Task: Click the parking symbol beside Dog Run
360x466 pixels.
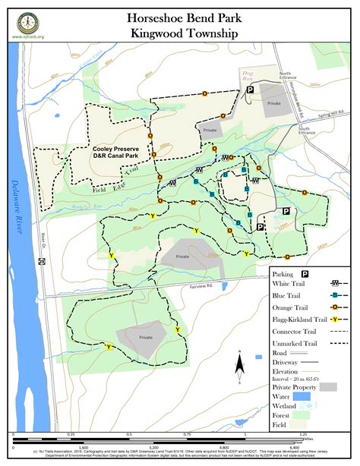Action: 248,92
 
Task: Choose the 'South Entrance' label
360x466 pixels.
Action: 307,132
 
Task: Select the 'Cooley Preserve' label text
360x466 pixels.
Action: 116,150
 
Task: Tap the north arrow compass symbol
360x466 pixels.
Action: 238,367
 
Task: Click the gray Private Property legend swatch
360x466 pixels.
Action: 327,386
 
